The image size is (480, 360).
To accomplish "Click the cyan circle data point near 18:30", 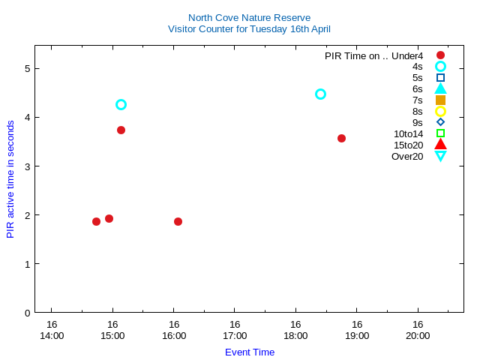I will coord(320,94).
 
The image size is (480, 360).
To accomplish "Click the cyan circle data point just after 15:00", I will coord(121,104).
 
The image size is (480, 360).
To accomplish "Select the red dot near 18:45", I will coord(341,138).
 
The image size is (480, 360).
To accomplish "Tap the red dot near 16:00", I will coord(178,221).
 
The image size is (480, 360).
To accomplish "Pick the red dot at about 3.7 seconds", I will coord(121,130).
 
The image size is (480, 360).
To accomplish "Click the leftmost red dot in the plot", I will coord(96,221).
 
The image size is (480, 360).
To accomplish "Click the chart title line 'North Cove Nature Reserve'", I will coord(249,17).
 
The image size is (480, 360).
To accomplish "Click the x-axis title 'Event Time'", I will coord(250,352).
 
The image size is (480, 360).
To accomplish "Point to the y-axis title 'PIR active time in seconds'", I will coord(10,179).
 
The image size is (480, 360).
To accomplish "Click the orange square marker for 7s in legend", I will coord(440,100).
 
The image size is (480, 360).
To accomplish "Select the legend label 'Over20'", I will coord(407,156).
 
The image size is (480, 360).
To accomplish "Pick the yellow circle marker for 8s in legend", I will coord(440,111).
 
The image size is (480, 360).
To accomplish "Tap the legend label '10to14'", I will coord(408,133).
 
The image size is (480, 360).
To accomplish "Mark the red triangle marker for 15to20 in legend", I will coord(440,145).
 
